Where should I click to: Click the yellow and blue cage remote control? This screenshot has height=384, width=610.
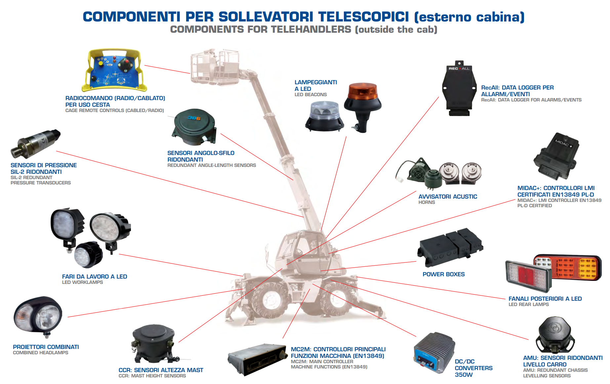pos(114,70)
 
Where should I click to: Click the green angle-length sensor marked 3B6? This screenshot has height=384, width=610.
pos(194,127)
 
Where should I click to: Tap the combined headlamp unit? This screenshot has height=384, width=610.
pos(38,316)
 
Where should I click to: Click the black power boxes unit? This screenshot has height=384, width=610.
pos(450,247)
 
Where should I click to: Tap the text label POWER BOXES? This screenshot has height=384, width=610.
pos(443,274)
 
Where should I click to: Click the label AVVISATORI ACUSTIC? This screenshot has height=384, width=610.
pos(448,197)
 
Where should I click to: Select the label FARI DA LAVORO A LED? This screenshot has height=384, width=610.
pos(95,277)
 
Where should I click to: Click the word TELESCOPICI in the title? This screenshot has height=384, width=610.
pos(363,17)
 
